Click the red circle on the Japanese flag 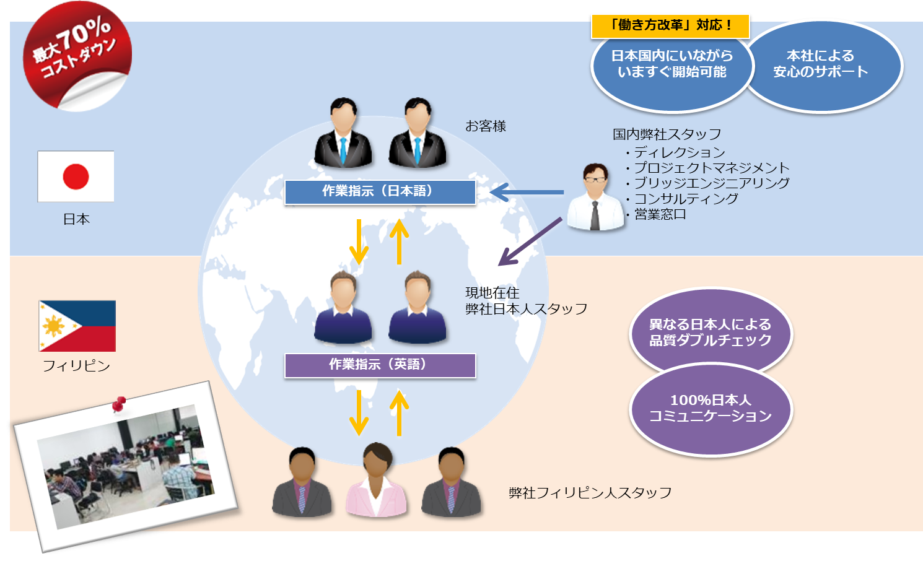76,176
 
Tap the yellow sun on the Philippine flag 53,326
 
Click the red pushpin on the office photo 119,404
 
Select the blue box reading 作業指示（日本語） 380,192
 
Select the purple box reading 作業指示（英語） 380,365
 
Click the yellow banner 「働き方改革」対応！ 670,26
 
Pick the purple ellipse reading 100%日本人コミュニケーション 711,409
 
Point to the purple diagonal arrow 530,241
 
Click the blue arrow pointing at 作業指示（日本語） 527,192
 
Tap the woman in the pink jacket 377,481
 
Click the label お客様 486,126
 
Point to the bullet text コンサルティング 686,199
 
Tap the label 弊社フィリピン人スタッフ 590,493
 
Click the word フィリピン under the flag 76,366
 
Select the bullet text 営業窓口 660,214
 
